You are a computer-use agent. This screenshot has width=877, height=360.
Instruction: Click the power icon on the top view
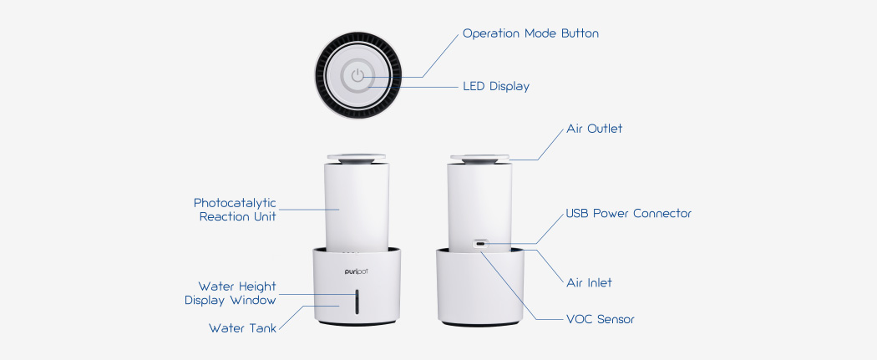(357, 75)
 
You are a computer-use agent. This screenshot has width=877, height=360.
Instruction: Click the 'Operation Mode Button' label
(530, 34)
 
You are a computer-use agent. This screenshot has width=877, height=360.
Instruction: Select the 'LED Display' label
(495, 86)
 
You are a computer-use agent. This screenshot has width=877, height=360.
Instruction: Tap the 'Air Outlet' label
(594, 129)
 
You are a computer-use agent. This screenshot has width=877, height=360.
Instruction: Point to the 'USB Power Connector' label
(628, 214)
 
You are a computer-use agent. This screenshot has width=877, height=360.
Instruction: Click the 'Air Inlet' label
(588, 282)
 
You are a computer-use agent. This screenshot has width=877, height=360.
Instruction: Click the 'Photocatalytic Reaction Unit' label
(235, 210)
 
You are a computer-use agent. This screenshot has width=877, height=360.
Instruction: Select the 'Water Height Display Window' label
(230, 293)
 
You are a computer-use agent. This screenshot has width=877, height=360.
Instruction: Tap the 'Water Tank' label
(242, 328)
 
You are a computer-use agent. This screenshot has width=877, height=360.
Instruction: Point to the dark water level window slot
(357, 302)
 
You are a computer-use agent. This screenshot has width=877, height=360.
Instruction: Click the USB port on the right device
(480, 245)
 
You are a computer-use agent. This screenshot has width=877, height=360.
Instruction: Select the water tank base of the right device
(480, 288)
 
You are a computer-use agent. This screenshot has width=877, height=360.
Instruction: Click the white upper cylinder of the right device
(480, 200)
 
